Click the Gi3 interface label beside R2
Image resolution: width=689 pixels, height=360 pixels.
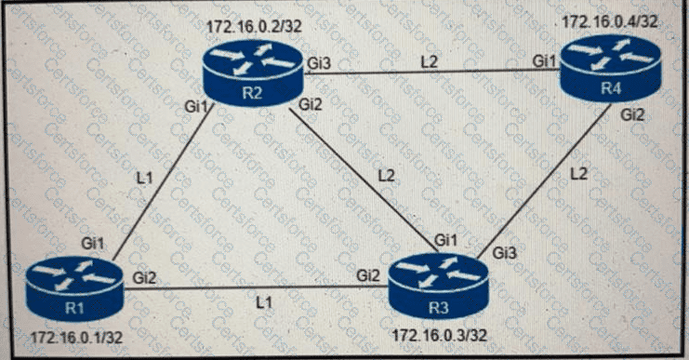pos(318,61)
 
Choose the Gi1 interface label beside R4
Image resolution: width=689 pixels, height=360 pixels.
pos(545,61)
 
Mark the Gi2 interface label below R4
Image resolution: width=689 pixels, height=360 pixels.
pos(633,115)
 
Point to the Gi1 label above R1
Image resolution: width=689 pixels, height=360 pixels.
pos(93,243)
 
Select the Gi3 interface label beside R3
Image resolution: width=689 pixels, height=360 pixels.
pos(506,252)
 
